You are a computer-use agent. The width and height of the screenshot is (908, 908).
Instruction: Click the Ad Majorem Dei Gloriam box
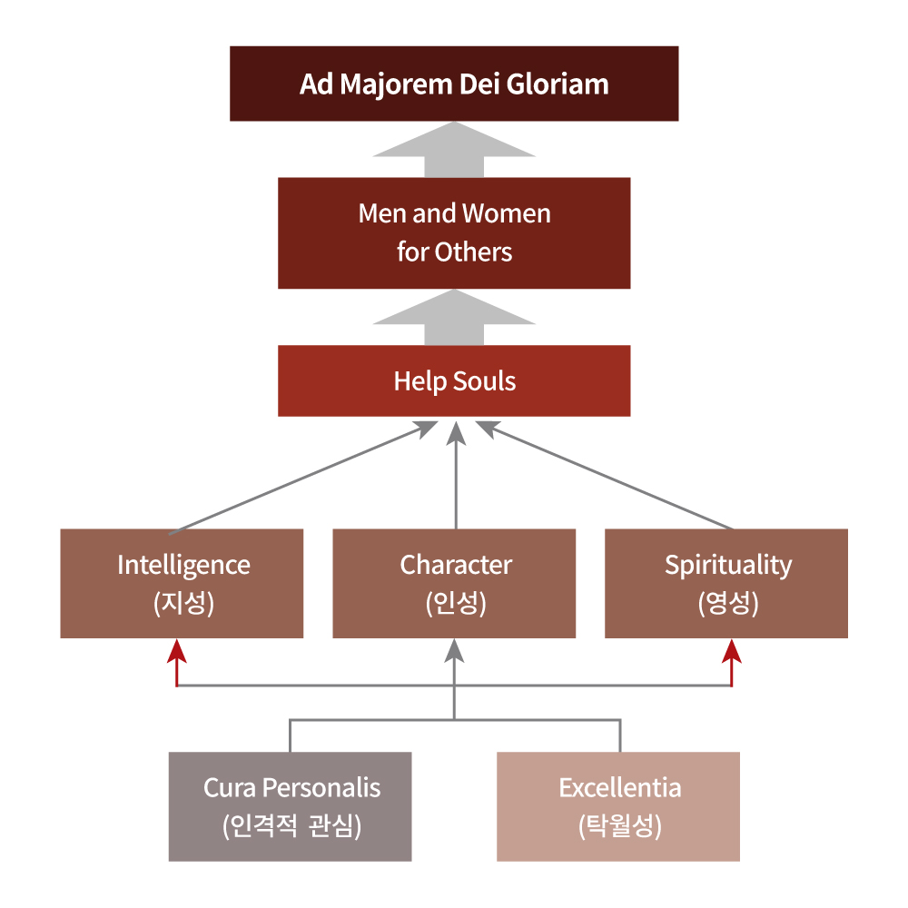pos(453,84)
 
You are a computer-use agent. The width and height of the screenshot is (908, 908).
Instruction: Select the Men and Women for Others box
pos(453,232)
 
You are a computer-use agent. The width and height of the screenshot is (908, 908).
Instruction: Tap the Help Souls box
pos(453,380)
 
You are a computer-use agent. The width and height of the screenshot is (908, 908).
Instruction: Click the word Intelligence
pos(183,565)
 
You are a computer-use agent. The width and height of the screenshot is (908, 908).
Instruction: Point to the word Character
pos(456,565)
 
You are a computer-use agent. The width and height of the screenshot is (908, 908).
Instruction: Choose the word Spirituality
pos(728,565)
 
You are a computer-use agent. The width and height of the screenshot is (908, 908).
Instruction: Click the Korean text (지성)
pos(183,604)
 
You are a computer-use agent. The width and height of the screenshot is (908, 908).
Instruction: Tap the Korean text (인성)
pos(456,604)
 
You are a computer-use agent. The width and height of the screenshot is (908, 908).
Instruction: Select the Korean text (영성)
pos(728,604)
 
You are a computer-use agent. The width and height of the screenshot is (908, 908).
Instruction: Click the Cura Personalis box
pos(290,806)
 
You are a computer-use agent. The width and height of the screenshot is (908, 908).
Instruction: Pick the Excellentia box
pos(618,806)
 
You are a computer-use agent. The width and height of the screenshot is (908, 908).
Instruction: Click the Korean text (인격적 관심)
pos(291,826)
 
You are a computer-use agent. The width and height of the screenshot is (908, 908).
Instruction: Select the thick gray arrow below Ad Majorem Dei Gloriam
pos(453,151)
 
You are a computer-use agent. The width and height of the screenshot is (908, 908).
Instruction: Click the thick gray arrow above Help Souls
pos(453,319)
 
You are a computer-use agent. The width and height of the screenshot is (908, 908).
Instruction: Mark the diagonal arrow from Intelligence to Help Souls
pos(300,478)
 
